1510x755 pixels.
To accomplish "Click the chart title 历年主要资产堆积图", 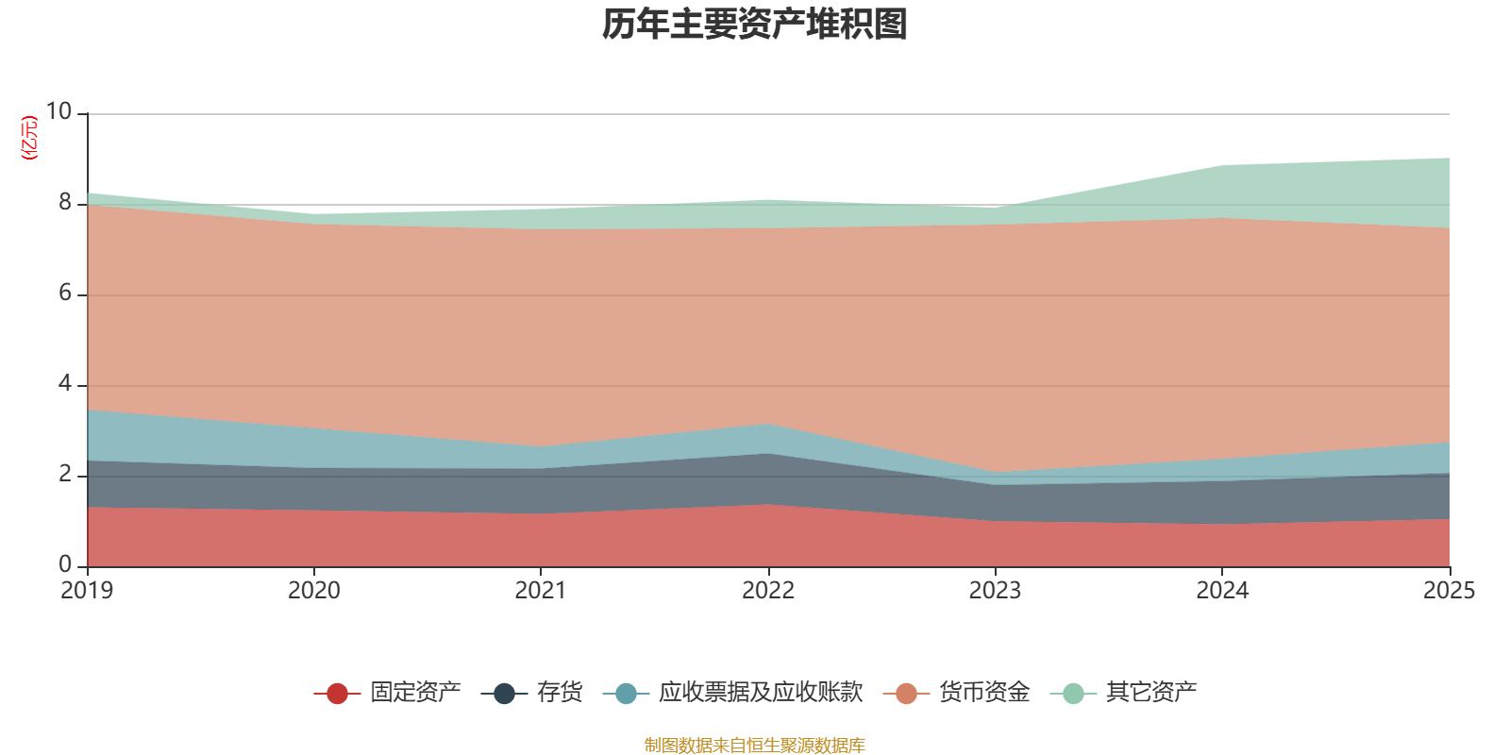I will coord(754,25).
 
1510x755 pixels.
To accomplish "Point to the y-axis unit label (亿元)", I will coord(30,138).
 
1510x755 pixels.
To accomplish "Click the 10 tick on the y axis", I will coord(59,111).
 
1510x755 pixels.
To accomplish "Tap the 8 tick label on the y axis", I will coord(65,202).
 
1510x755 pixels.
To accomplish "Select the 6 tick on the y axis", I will coord(65,293).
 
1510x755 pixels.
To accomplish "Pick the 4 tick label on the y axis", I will coord(65,383).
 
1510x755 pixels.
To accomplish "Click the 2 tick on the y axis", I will coord(65,474).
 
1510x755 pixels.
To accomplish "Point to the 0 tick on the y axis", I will coord(65,564).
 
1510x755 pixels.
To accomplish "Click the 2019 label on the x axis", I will coord(87,591).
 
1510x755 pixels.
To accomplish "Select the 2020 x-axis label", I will coord(313,591).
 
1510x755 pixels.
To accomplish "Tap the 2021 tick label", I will coord(541,591).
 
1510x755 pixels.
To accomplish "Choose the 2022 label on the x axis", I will coord(768,591).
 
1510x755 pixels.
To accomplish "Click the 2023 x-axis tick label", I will coord(995,591).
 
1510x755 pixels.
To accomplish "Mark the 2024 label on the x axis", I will coord(1222,591).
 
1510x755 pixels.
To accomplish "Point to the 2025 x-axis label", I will coord(1449,591).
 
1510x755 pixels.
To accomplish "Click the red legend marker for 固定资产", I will coord(337,694).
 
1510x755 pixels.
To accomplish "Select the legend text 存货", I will coord(560,693).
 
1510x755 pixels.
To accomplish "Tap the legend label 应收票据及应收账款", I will coord(760,693).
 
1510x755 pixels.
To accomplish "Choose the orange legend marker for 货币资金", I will coord(906,694).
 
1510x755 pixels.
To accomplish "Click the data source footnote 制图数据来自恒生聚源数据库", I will coord(754,746).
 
